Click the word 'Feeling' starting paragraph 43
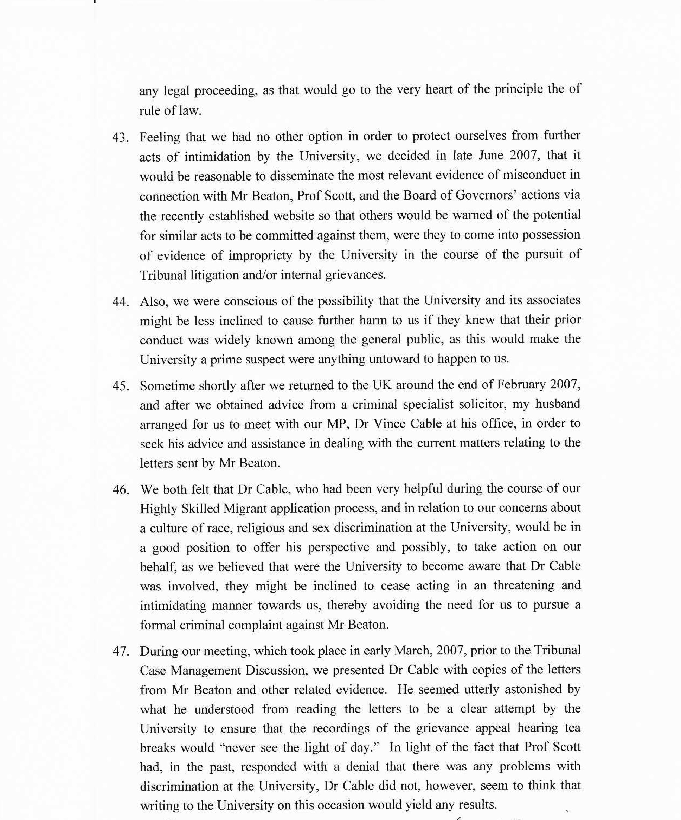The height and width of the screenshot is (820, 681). click(159, 137)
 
